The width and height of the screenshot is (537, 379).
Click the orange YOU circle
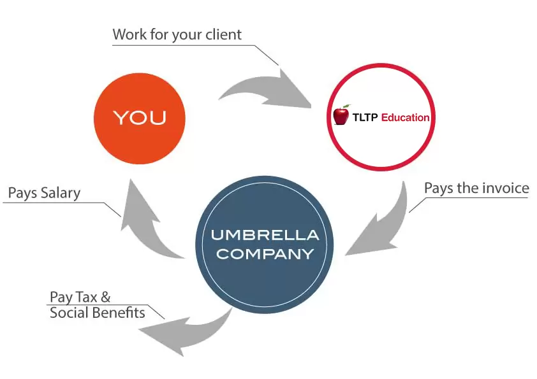[x=139, y=118]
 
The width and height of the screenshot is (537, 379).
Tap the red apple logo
[x=342, y=115]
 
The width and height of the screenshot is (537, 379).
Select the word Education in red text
[x=405, y=117]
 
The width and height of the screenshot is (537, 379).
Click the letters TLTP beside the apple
[x=365, y=117]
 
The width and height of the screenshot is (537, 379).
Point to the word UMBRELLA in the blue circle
[x=265, y=235]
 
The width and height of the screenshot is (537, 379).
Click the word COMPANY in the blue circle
[x=265, y=254]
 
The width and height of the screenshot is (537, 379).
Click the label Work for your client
[x=177, y=34]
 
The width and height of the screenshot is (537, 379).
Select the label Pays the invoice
[x=476, y=189]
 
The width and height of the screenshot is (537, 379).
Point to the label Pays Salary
[x=44, y=193]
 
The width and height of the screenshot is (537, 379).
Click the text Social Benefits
[x=97, y=313]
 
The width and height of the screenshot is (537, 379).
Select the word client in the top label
[x=224, y=34]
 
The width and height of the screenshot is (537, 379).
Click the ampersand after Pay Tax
[x=106, y=297]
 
